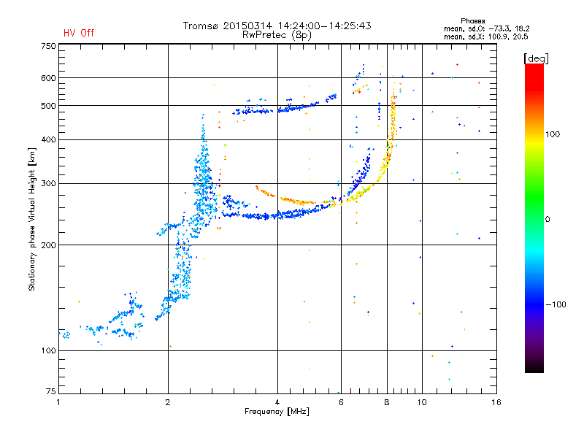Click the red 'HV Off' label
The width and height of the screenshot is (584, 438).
[x=79, y=33]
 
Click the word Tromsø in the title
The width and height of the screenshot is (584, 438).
[x=201, y=26]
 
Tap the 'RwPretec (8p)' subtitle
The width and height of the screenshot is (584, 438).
[x=277, y=35]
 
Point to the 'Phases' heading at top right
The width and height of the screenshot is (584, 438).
[x=472, y=21]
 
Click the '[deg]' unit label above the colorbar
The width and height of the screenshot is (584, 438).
[x=536, y=58]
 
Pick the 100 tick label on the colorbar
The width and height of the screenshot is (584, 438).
[x=553, y=134]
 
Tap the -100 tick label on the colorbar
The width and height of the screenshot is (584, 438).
[x=556, y=304]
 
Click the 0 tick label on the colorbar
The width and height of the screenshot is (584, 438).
[x=547, y=219]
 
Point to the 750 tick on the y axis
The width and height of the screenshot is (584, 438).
[x=48, y=46]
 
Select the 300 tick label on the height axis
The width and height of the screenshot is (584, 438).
[x=48, y=183]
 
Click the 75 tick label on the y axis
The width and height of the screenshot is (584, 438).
[x=51, y=391]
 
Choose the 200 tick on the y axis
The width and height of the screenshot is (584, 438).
[x=48, y=245]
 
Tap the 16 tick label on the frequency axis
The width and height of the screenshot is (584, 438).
[x=496, y=402]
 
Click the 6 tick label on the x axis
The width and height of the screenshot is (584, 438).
[x=341, y=402]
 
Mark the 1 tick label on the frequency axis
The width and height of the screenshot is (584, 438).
[x=58, y=402]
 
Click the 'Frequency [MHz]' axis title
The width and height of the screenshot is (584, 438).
[x=277, y=412]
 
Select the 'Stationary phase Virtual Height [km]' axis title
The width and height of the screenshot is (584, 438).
[x=32, y=220]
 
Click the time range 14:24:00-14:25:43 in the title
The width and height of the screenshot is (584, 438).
[x=324, y=26]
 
